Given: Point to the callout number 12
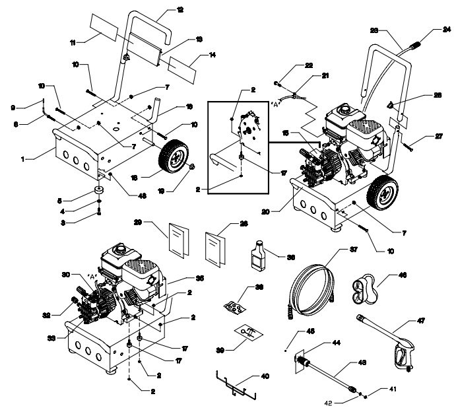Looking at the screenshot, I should click(x=162, y=9).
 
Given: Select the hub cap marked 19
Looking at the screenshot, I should click(x=192, y=167).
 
